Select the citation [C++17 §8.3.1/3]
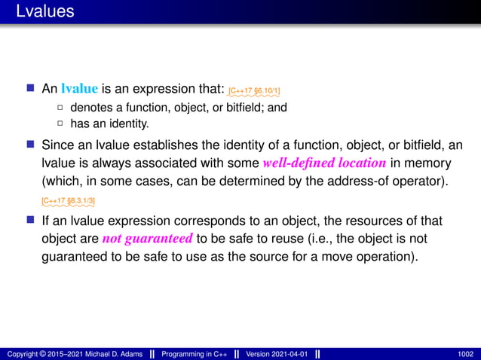(68, 201)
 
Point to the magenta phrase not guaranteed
(148, 239)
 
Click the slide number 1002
(465, 353)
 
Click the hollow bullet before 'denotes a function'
(60, 108)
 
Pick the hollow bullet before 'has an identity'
(60, 124)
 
